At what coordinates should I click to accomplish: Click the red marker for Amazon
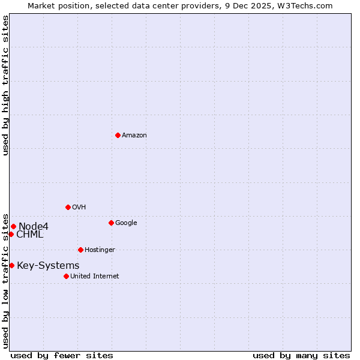click(x=118, y=135)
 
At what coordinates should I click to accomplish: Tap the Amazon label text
click(x=134, y=136)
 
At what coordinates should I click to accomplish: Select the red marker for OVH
click(x=68, y=207)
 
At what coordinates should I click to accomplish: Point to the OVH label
click(x=79, y=208)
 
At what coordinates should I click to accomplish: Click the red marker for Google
click(x=111, y=223)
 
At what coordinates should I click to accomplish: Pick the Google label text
click(x=126, y=223)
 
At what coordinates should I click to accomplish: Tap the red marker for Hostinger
click(x=80, y=250)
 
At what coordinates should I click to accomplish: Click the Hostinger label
click(x=100, y=250)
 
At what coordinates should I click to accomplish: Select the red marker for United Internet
click(x=66, y=276)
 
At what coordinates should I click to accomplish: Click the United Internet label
click(x=95, y=277)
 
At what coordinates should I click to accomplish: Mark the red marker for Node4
click(x=13, y=226)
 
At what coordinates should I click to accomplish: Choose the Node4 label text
click(x=34, y=226)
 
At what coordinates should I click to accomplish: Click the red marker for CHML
click(x=11, y=234)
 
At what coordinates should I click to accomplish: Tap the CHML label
click(x=30, y=235)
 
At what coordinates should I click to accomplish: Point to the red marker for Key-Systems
click(x=11, y=265)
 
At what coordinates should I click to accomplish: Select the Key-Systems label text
click(x=48, y=266)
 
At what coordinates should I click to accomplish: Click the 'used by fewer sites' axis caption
click(x=62, y=355)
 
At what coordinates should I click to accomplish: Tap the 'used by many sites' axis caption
click(x=301, y=355)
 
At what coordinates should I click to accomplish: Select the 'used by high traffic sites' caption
click(x=5, y=85)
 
